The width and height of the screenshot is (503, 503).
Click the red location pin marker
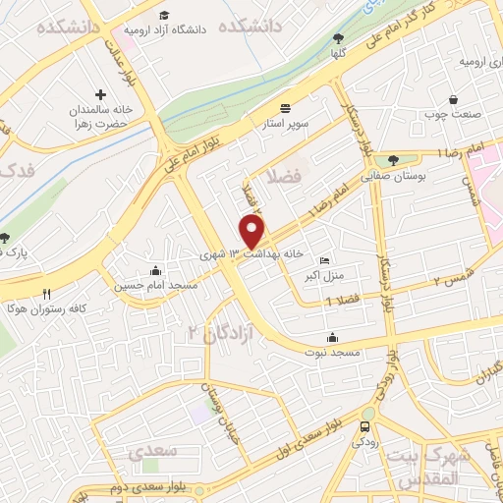coord(252,232)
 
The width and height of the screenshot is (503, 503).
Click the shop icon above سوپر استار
coord(286,107)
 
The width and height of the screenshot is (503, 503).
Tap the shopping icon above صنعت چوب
coord(454,99)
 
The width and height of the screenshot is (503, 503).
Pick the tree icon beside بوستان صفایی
coord(394,159)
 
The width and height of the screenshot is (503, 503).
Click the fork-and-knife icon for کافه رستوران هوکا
coord(46,294)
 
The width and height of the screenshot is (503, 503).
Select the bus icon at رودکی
coord(365,427)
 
